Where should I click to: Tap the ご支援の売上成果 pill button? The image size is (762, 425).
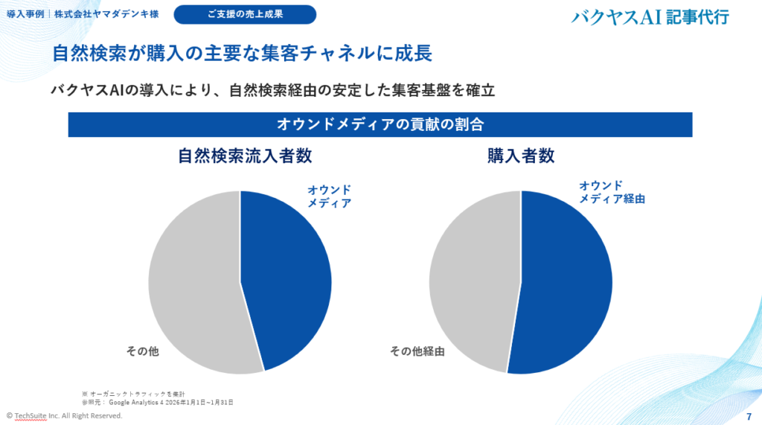click(245, 14)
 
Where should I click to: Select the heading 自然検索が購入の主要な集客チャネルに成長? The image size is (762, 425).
click(242, 54)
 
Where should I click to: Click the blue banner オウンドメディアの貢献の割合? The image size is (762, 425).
click(380, 124)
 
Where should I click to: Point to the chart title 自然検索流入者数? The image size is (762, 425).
click(245, 156)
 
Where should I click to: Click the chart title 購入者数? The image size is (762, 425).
click(521, 156)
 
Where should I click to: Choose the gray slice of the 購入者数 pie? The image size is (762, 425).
click(473, 283)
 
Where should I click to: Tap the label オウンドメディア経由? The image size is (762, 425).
click(612, 192)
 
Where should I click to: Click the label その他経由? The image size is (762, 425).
click(417, 351)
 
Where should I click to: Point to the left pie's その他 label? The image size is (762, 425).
click(141, 351)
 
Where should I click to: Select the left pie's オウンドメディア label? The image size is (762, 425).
click(330, 196)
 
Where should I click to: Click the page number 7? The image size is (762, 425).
click(748, 415)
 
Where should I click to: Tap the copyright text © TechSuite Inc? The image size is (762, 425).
click(64, 415)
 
